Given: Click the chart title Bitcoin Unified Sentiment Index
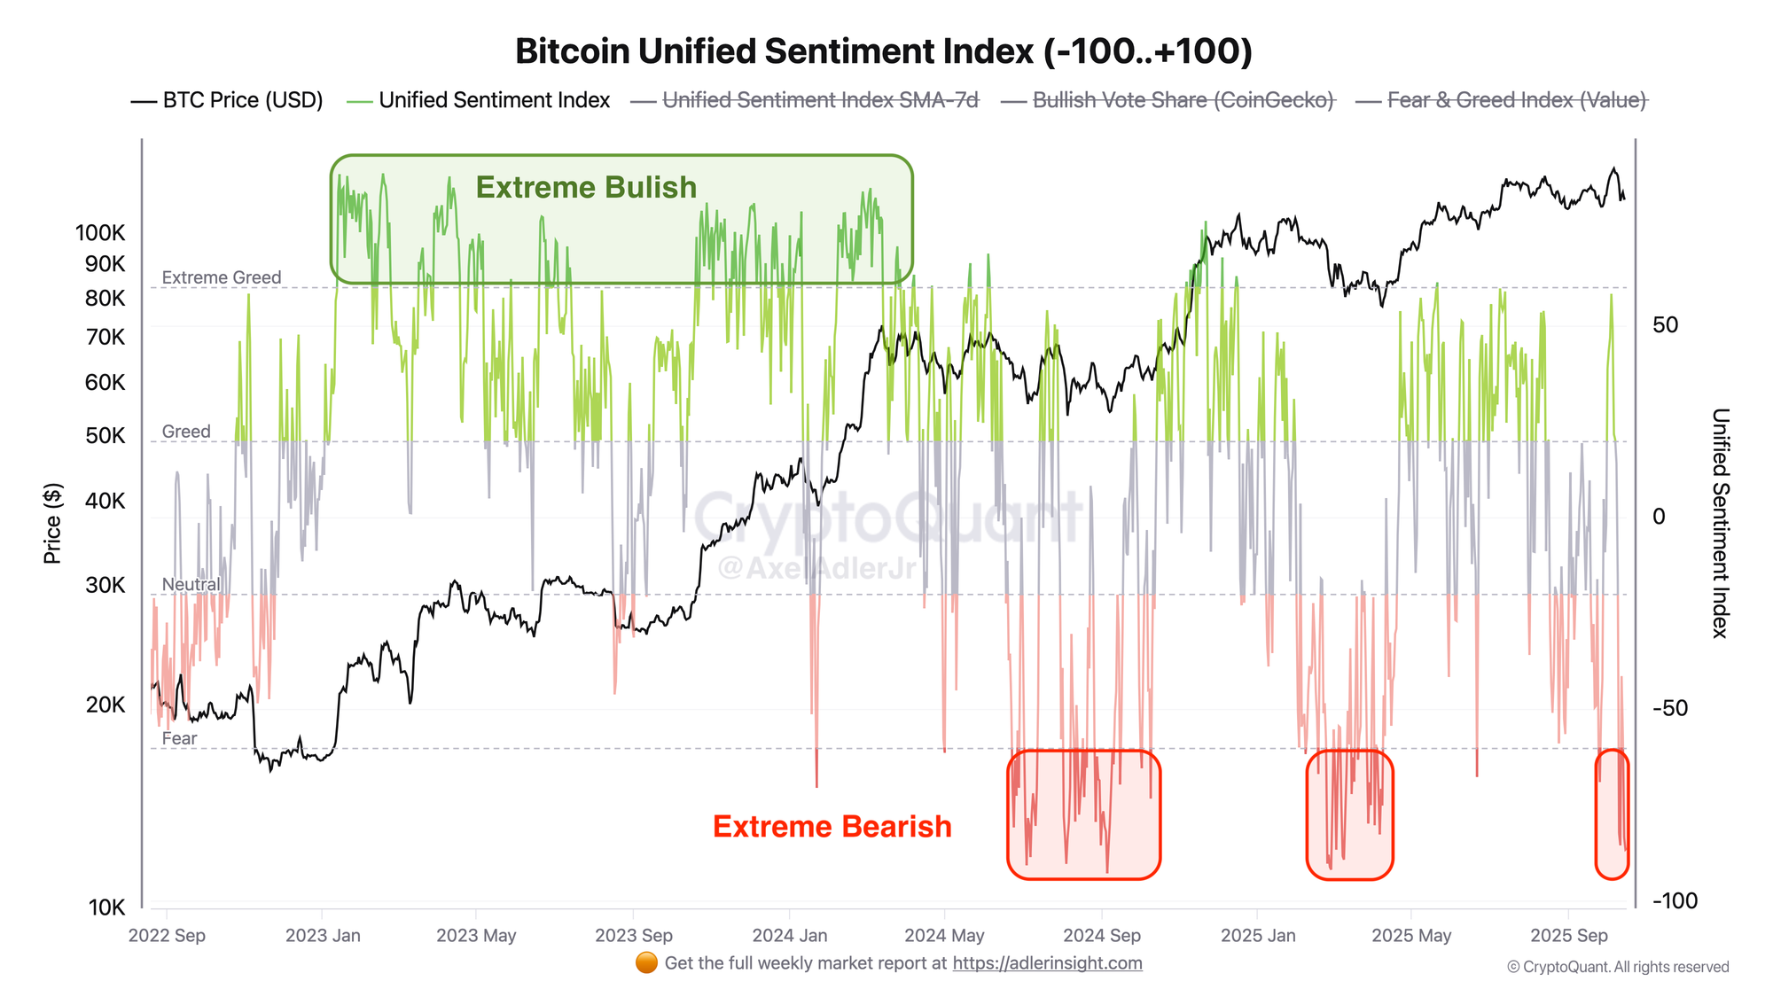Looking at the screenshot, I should tap(883, 51).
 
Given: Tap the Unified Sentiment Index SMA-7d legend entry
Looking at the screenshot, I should tap(820, 100).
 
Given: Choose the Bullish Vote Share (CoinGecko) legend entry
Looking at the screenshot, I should tap(1183, 100).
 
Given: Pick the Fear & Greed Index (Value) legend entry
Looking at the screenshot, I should tap(1516, 100).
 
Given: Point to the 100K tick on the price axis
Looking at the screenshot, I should tap(100, 233).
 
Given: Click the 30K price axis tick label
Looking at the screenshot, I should tap(105, 585).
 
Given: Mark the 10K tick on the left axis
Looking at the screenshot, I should tap(106, 907).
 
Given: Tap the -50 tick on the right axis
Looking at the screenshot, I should tap(1669, 708).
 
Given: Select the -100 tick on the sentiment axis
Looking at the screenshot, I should tap(1675, 901).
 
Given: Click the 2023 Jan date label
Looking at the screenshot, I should tap(323, 936).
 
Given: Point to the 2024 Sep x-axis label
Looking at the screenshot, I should tap(1101, 936).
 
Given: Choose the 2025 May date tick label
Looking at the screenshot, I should tap(1411, 936).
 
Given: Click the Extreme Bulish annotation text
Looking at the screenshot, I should tap(586, 188).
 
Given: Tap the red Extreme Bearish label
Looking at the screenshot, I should tap(832, 827).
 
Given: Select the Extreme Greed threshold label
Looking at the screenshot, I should tap(221, 277).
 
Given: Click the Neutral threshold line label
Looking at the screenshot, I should tap(191, 585).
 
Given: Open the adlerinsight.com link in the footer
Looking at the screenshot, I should tap(1047, 963).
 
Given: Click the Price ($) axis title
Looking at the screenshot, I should tap(53, 524).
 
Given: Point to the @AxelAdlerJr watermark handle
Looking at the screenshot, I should tap(816, 568).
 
